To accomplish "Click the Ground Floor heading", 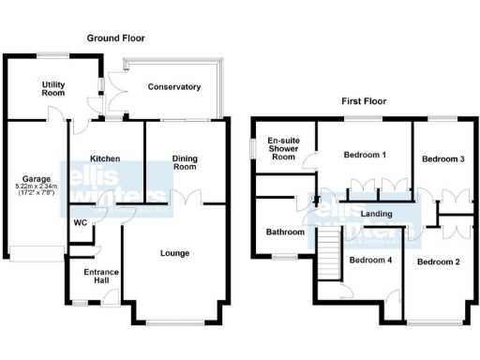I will coord(116,38).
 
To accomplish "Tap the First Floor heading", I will coord(364,101).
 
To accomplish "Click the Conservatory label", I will coord(174,87).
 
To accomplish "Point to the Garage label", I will coord(37,178).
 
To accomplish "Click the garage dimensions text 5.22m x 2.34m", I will coord(37,187).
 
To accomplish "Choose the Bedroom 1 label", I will coord(365,155).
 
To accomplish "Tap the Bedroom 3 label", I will coord(442,159).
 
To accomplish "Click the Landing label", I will coord(375,215).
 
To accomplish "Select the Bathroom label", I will coord(285,232).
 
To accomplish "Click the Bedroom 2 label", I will coord(438,262).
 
